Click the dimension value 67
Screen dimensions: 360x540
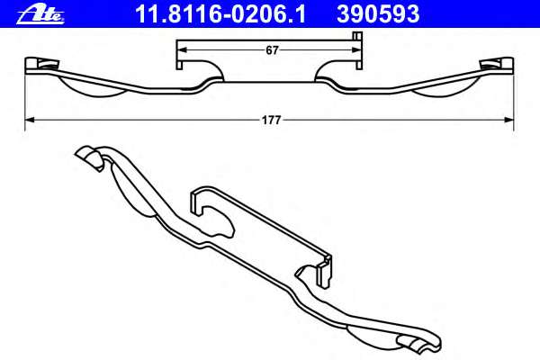tap(271, 51)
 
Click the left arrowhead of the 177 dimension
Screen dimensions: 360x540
tap(29, 119)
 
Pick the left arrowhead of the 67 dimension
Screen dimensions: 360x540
tap(179, 51)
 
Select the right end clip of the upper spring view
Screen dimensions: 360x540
tap(498, 64)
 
